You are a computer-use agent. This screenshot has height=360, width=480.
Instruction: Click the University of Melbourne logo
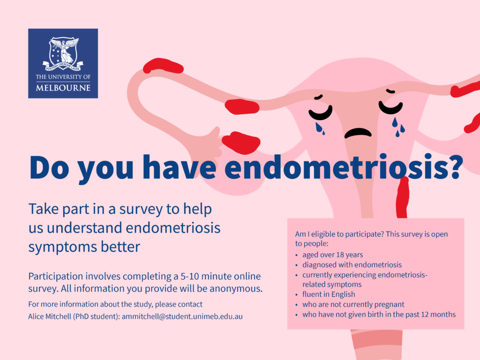tap(63, 63)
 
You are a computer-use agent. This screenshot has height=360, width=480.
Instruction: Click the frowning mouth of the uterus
tap(358, 133)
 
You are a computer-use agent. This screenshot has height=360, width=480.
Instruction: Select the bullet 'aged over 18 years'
tap(333, 255)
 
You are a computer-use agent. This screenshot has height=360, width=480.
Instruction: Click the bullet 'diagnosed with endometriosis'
tap(352, 264)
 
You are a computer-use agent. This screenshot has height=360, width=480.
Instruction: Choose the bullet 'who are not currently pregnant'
tap(353, 304)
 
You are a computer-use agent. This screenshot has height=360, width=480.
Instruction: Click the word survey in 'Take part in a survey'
tap(142, 209)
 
